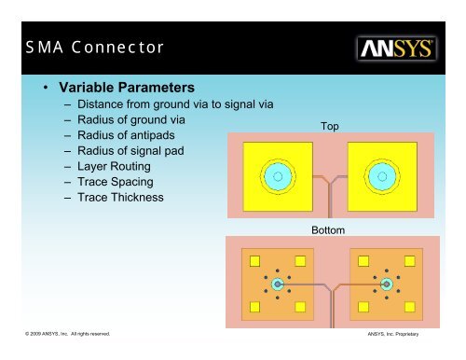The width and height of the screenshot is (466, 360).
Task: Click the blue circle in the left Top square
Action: (x=276, y=174)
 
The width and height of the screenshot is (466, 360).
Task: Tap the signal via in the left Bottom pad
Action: (x=277, y=283)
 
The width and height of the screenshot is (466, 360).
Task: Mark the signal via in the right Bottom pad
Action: (x=387, y=283)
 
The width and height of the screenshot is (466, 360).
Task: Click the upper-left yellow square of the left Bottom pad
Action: (x=253, y=259)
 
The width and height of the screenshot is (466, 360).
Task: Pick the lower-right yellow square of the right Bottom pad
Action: (x=409, y=305)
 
